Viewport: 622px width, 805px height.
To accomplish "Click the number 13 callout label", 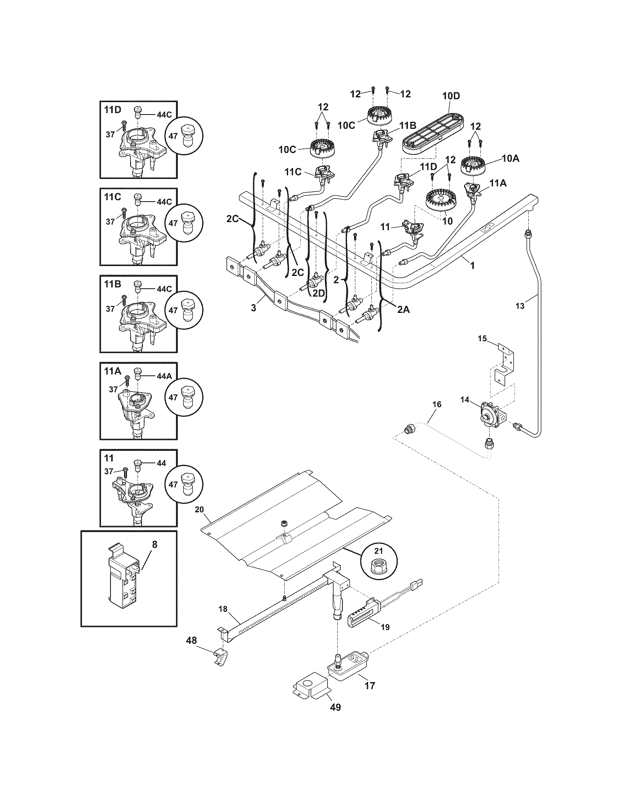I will coord(520,306).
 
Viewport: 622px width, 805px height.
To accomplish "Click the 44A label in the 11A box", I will coord(164,376).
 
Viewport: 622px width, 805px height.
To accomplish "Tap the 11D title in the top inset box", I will coord(112,109).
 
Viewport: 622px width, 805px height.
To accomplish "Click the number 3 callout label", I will coord(254,308).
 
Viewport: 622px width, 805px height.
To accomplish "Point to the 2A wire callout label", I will coord(403,310).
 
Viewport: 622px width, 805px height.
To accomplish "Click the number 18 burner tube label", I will coord(223,609).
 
